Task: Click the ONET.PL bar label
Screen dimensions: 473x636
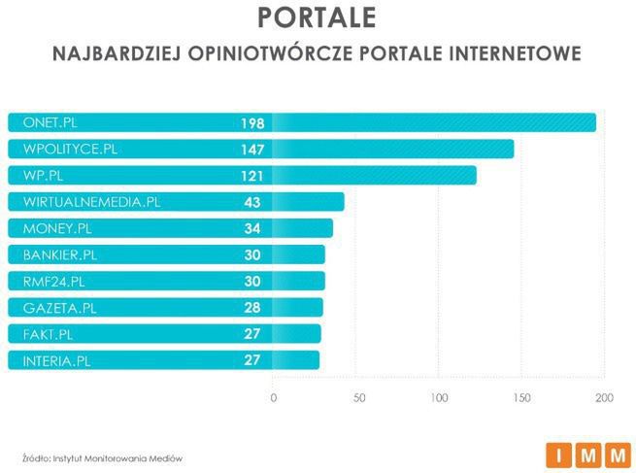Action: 50,122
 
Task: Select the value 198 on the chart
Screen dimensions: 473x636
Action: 252,123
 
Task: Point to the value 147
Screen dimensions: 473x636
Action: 252,150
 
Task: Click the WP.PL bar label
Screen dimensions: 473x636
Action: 44,176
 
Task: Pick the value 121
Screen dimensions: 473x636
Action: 252,176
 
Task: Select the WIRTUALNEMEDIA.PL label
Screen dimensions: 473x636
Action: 91,202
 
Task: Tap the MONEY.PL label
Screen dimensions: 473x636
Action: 56,229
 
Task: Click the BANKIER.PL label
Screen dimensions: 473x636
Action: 60,255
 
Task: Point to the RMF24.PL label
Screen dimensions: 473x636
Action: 53,282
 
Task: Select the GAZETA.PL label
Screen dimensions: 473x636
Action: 57,308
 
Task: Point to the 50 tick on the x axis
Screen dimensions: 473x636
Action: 358,398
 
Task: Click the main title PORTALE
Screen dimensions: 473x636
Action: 318,18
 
